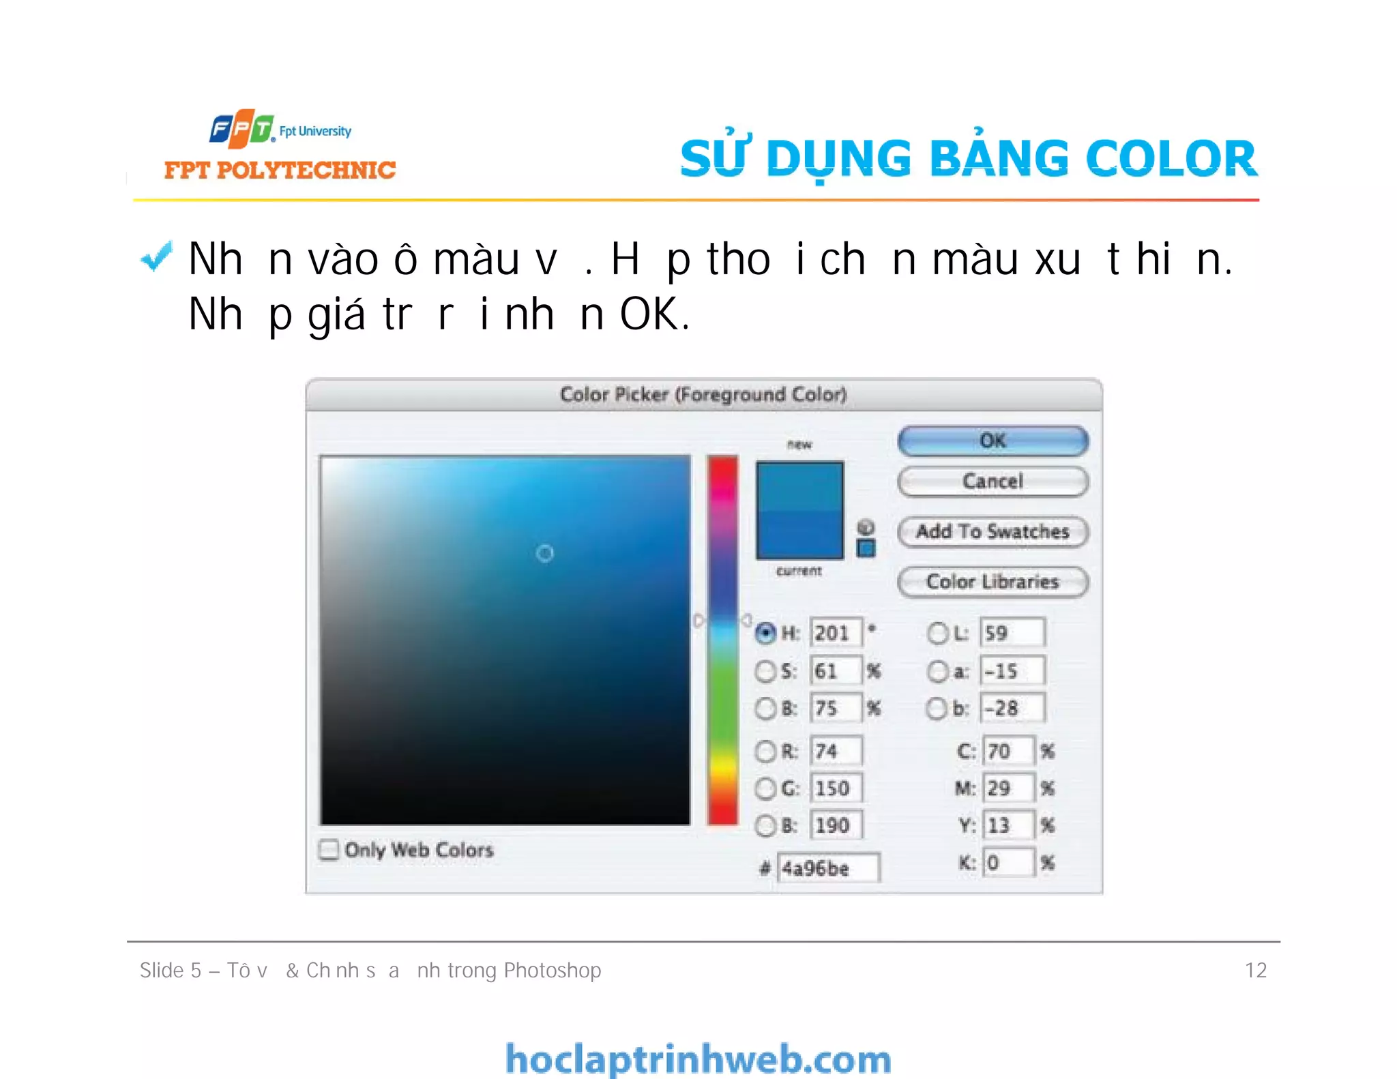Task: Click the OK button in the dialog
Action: pyautogui.click(x=992, y=441)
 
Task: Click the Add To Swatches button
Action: pyautogui.click(x=992, y=531)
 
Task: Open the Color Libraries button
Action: pyautogui.click(x=992, y=582)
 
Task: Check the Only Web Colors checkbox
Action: pyautogui.click(x=329, y=850)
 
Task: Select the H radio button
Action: pyautogui.click(x=765, y=633)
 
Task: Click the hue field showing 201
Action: pyautogui.click(x=836, y=633)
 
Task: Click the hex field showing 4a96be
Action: pyautogui.click(x=828, y=868)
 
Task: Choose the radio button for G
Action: pyautogui.click(x=765, y=788)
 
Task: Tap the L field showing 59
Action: pyautogui.click(x=1012, y=633)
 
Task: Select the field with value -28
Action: pyautogui.click(x=1012, y=708)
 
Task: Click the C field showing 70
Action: pyautogui.click(x=1008, y=752)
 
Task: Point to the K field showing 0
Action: pyautogui.click(x=1008, y=863)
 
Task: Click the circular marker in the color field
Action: pyautogui.click(x=544, y=553)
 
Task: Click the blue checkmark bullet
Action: pyautogui.click(x=156, y=258)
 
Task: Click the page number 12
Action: pyautogui.click(x=1255, y=970)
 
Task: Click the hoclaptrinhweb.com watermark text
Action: pyautogui.click(x=698, y=1059)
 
